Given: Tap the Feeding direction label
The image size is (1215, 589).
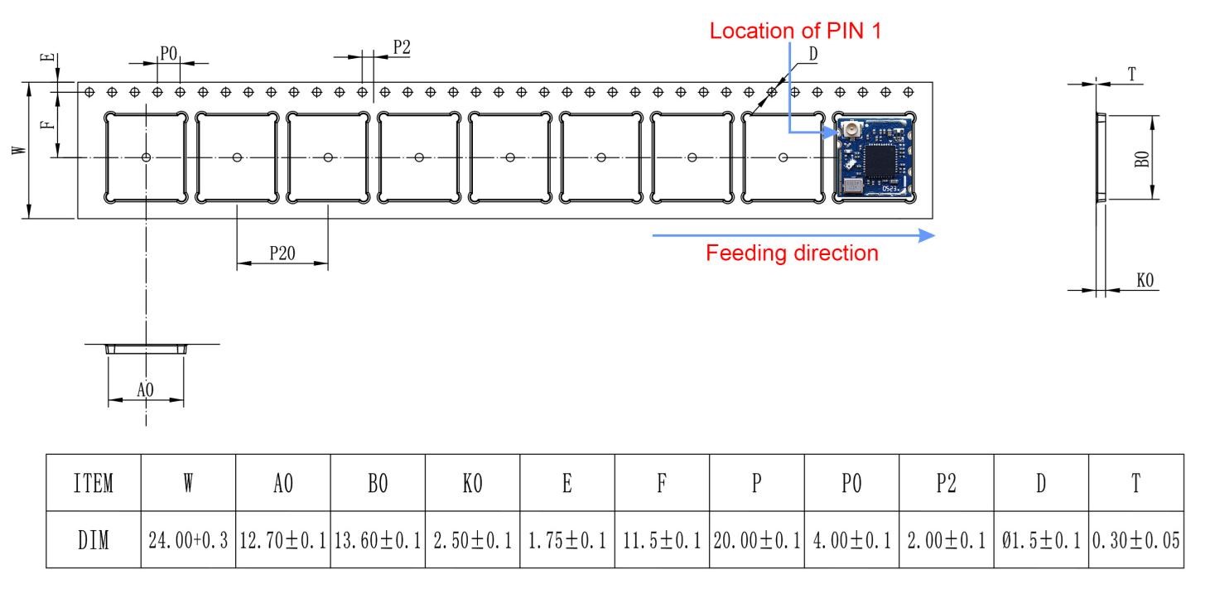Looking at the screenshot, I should (792, 253).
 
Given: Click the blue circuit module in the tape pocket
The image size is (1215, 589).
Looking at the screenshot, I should (875, 157).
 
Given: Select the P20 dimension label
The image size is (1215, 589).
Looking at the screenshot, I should (282, 254).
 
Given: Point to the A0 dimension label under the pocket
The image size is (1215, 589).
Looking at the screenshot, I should (145, 390).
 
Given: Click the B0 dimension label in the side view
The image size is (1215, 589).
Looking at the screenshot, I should (1142, 157).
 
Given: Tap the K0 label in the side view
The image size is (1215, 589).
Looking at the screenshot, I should (1145, 282).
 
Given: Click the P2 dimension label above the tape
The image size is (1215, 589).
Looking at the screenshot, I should (402, 48).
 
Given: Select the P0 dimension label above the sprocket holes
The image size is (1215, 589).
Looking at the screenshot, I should (169, 54).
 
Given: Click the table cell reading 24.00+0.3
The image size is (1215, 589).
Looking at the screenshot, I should (188, 539).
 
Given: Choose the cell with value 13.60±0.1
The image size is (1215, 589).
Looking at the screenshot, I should (378, 539).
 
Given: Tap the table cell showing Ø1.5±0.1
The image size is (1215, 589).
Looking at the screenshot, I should (1040, 539).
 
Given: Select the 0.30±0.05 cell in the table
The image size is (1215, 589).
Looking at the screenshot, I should (1136, 539).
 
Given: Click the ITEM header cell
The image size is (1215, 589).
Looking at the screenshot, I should (93, 483).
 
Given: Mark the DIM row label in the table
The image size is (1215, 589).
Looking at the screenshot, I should (93, 539).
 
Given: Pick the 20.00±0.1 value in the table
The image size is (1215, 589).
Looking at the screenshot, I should (756, 539).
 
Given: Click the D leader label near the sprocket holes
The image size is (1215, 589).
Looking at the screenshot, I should (813, 53).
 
